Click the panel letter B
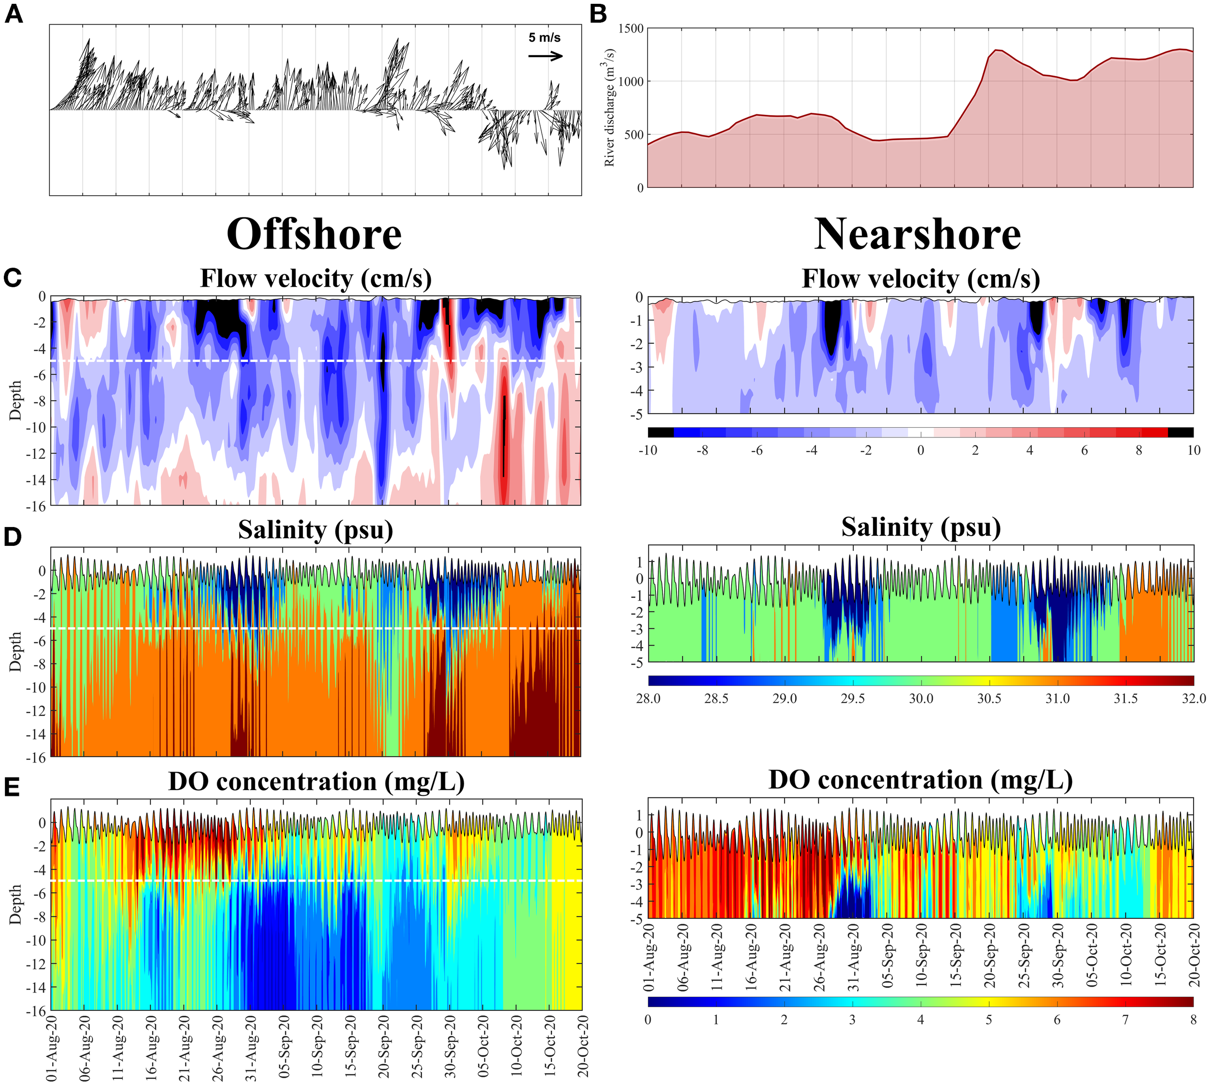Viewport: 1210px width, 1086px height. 598,15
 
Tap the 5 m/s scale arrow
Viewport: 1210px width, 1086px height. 545,56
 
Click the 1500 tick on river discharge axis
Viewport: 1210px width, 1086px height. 631,29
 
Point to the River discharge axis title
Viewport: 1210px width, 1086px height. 609,108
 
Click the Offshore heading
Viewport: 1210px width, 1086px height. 314,234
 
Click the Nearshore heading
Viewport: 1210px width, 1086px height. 917,234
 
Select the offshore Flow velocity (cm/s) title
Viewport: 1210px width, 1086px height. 316,279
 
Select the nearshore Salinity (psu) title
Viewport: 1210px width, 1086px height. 921,527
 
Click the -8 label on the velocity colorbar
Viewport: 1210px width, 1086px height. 702,450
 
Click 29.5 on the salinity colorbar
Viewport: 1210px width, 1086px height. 852,698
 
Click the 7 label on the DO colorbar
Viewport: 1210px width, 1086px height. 1125,1019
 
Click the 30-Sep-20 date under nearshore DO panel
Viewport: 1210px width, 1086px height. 1058,955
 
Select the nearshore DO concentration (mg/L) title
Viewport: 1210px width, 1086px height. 921,780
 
